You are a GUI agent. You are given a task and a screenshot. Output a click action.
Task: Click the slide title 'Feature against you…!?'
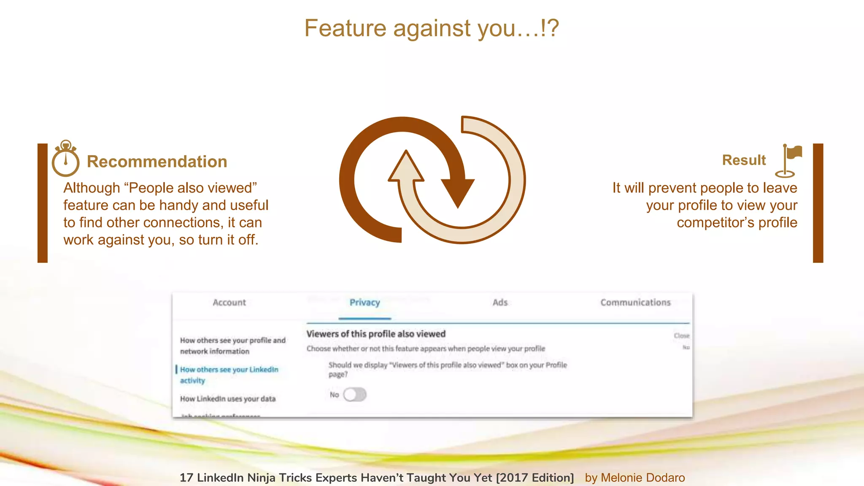click(x=432, y=29)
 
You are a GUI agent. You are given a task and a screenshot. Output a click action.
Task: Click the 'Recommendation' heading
click(x=157, y=162)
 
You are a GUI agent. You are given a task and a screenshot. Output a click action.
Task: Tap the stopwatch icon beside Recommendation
click(x=65, y=159)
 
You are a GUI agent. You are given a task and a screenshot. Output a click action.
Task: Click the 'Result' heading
click(x=744, y=160)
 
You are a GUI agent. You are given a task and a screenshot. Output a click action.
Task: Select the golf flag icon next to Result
click(x=788, y=161)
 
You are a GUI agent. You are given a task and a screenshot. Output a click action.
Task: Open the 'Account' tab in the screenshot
click(x=229, y=302)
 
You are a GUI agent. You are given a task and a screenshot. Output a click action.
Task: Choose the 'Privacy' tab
click(x=364, y=302)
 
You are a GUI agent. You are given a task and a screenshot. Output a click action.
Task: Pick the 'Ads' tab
click(x=500, y=302)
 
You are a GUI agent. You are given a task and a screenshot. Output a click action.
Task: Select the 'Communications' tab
click(x=635, y=302)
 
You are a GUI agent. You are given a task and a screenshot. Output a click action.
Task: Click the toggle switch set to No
click(x=354, y=395)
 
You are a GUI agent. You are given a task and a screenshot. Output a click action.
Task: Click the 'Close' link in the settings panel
click(x=681, y=336)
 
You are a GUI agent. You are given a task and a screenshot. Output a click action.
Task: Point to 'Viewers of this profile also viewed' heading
click(x=376, y=334)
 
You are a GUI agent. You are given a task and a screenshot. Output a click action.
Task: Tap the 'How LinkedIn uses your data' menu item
click(x=228, y=399)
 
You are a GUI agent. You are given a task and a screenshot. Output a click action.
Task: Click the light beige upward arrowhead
click(x=406, y=169)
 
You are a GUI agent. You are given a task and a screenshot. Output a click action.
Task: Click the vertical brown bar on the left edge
click(x=43, y=203)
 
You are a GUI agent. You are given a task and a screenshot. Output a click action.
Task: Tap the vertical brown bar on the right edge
click(x=818, y=203)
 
